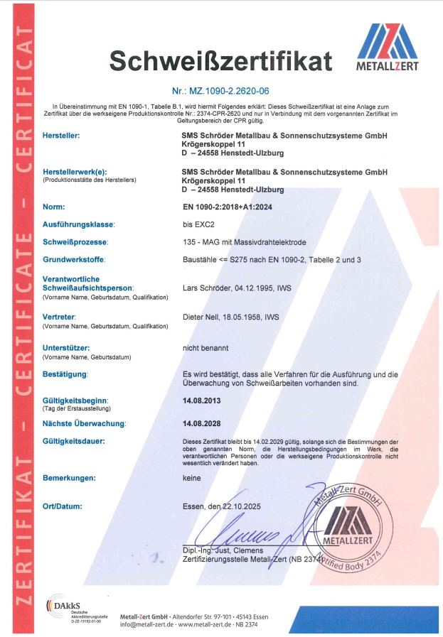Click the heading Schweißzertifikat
point(220,62)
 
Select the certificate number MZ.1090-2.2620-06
point(220,92)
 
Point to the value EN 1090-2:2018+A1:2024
point(228,207)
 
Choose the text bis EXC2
point(199,224)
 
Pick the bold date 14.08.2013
point(204,401)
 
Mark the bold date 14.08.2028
point(204,423)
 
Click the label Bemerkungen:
point(69,478)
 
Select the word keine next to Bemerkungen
point(192,478)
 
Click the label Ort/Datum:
point(63,506)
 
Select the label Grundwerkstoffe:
point(76,260)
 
